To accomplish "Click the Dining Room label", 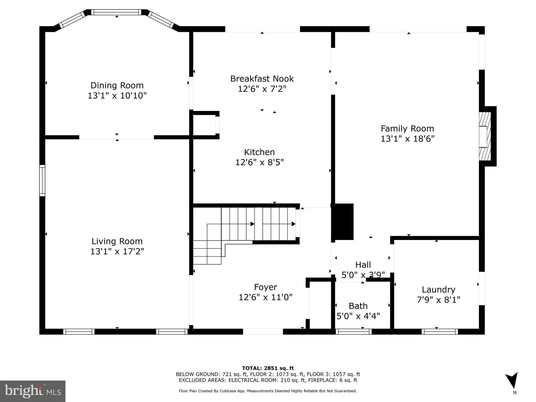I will (x=117, y=86).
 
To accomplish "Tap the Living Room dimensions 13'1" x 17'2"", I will (x=117, y=252).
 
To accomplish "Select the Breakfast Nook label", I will (x=262, y=79).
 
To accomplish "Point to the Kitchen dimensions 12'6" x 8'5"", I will (x=259, y=163).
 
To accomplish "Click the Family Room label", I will (x=407, y=129).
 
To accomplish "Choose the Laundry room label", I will (x=438, y=289).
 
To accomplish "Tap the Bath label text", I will (x=358, y=306).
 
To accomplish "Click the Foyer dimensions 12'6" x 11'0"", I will (x=265, y=297).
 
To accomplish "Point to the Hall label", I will (x=363, y=265).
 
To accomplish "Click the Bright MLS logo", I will (x=33, y=391).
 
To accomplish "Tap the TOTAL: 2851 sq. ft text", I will (x=268, y=368).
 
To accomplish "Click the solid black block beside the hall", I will (x=343, y=222).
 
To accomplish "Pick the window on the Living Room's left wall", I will (x=42, y=181).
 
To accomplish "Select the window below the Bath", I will (x=354, y=332).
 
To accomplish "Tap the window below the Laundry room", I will (x=440, y=332).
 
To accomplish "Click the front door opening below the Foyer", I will (x=263, y=332).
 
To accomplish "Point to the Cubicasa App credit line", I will (x=268, y=391).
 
